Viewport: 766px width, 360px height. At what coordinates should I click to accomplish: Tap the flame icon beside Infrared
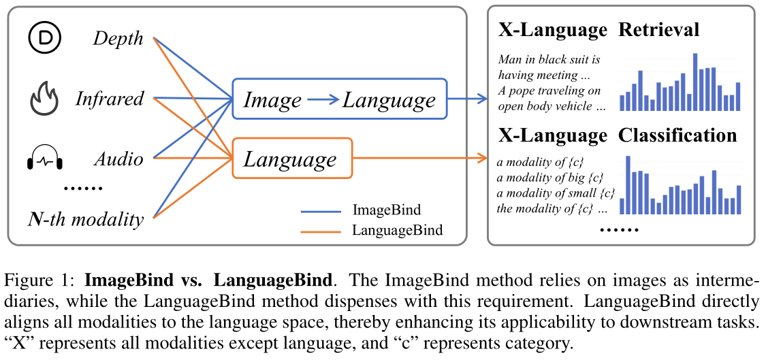pos(44,99)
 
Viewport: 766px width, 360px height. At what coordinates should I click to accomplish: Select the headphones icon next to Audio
pos(44,159)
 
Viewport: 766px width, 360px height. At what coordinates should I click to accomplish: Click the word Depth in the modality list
pos(118,38)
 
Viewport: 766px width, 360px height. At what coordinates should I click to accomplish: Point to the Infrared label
pos(110,99)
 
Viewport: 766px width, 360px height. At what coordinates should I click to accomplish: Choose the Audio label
pos(118,160)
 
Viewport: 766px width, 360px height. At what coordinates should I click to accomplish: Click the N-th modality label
pos(86,219)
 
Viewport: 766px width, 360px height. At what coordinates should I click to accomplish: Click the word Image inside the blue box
pos(272,101)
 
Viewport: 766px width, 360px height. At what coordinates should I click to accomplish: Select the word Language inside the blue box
pos(389,101)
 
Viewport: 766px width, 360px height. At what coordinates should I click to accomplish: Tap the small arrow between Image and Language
pos(323,101)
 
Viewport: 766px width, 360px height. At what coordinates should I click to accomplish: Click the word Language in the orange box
pos(290,160)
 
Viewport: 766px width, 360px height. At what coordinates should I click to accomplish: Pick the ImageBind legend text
pos(386,210)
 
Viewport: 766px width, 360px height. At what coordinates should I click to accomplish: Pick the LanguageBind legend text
pos(397,231)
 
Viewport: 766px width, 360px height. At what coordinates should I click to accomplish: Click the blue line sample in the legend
pos(321,211)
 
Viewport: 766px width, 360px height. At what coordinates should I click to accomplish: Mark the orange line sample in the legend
pos(321,231)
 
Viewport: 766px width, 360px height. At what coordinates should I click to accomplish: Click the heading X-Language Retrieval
pos(599,30)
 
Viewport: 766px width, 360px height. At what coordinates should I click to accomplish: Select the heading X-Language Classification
pos(617,135)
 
